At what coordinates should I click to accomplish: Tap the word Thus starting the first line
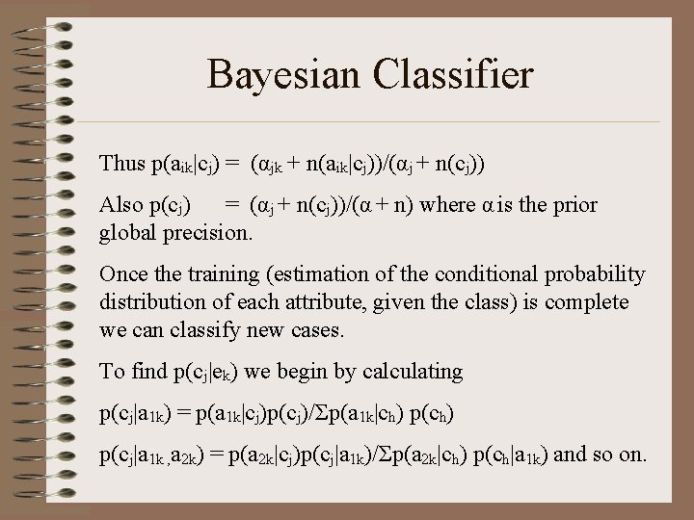(121, 163)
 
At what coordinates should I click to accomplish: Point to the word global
(128, 232)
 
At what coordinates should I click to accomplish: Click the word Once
(122, 274)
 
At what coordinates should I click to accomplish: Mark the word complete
(587, 302)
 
